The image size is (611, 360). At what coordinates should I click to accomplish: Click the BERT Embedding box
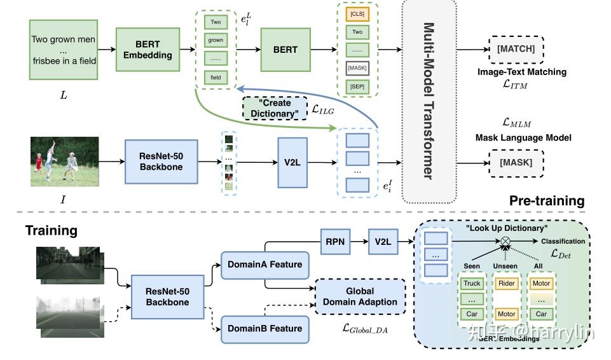point(148,50)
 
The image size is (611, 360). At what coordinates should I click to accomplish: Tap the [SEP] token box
point(357,86)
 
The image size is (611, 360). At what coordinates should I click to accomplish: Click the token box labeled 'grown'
point(216,41)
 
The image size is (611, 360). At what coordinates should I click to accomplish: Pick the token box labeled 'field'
point(216,78)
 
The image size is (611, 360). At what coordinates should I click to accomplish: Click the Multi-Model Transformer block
point(429,100)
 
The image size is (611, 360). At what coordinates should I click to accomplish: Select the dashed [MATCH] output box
point(516,49)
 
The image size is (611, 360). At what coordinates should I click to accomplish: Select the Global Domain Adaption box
point(360,297)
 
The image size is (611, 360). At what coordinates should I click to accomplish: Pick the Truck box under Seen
point(472,284)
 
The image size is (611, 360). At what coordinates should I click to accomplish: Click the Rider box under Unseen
point(507,284)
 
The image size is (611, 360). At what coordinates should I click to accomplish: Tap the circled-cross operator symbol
point(505,242)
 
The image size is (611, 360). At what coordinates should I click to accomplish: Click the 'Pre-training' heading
point(547,201)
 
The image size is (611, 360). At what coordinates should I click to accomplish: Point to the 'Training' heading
point(51,230)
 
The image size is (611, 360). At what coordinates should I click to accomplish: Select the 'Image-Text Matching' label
point(521,72)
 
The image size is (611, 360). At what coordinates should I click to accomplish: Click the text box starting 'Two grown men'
point(63,50)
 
